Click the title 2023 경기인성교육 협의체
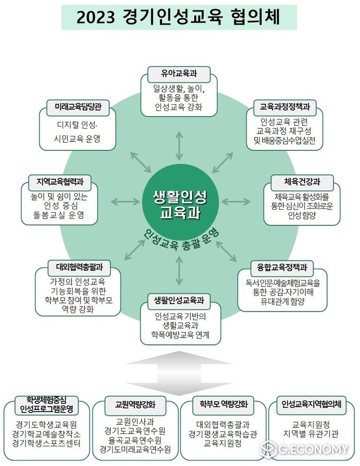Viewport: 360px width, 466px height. point(178,17)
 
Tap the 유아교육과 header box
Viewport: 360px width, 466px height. point(179,74)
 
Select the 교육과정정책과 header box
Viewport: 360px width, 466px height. point(285,107)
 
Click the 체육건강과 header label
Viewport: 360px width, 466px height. point(302,182)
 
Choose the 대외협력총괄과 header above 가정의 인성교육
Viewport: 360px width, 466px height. point(79,268)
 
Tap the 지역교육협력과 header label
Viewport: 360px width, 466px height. point(60,182)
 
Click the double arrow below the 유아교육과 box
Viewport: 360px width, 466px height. point(179,146)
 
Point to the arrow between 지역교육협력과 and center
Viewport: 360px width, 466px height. point(125,202)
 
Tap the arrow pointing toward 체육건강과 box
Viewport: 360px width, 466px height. point(236,202)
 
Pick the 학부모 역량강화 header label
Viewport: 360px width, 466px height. point(223,405)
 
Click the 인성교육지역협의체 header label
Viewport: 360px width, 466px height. point(311,405)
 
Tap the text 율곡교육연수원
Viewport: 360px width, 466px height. point(135,441)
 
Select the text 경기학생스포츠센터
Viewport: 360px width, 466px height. point(46,444)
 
